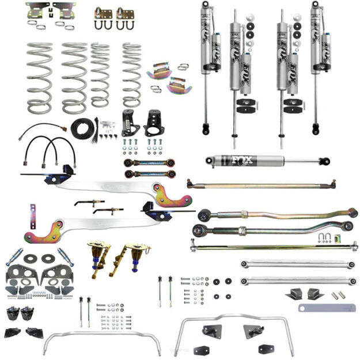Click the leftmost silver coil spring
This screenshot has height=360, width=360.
39,77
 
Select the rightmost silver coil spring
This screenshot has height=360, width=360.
131,75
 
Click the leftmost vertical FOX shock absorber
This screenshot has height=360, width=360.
205,63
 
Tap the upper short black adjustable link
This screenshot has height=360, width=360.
149,163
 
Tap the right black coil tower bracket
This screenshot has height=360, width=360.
153,123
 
